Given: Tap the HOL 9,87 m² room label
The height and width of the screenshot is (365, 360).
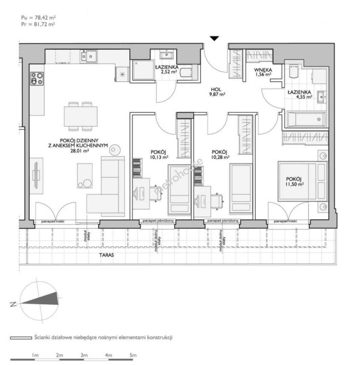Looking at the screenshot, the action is click(216, 92).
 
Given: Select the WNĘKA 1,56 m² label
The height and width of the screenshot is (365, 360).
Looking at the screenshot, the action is click(263, 72).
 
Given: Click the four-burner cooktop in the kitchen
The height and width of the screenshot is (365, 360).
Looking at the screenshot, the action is click(37, 78).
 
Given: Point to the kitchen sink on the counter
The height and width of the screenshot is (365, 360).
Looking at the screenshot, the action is click(89, 56).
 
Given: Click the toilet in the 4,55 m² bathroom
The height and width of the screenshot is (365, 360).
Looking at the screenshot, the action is click(293, 71).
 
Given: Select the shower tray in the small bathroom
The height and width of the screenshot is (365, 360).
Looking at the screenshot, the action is click(143, 70).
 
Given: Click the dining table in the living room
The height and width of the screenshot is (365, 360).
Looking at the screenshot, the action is click(81, 116).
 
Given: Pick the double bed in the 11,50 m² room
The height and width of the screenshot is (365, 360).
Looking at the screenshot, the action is click(302, 181).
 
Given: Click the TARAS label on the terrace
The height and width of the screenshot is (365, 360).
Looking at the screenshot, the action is click(107, 255).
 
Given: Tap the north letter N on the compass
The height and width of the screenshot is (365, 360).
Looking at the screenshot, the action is click(13, 304).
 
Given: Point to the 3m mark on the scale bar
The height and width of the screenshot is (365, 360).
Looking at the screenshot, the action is click(84, 355).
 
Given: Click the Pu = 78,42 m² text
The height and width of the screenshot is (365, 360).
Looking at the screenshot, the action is click(39, 18).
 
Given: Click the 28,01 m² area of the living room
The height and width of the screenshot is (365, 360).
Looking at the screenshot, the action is click(80, 151).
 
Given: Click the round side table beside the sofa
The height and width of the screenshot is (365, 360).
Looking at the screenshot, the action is click(115, 150).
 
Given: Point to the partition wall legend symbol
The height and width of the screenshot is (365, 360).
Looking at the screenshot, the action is click(21, 338).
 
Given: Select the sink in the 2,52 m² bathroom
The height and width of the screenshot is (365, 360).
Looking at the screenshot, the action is click(166, 55).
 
